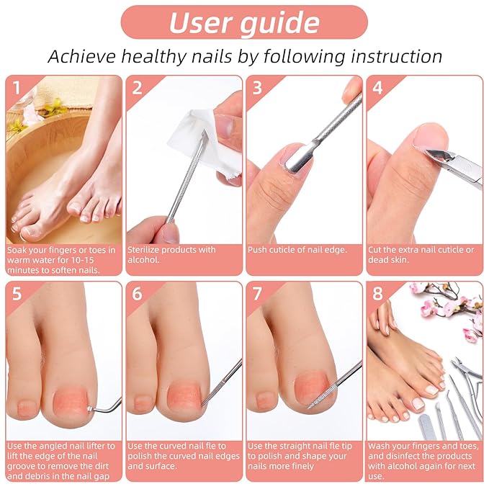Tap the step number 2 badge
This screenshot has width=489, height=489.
coord(137,87)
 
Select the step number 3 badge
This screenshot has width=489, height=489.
coord(257,87)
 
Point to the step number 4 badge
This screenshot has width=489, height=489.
coord(377,87)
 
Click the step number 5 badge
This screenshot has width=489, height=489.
coord(16,293)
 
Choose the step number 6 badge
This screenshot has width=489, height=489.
coord(137,293)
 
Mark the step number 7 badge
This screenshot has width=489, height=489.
coord(257,293)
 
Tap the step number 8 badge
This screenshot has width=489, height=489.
coord(377,293)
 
